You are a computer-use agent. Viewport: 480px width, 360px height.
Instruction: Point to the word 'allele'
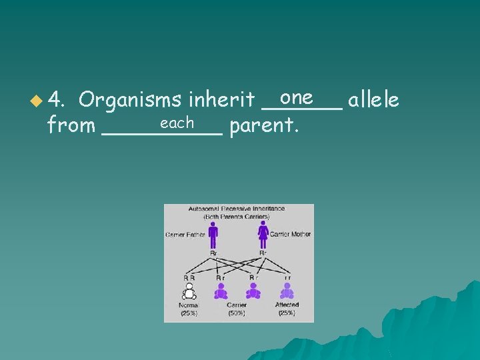(x=373, y=100)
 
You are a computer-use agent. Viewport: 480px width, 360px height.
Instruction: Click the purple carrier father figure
(x=213, y=234)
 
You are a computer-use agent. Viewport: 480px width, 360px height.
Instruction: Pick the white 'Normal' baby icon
(x=189, y=291)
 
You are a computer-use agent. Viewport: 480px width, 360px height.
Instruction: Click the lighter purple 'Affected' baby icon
(x=287, y=291)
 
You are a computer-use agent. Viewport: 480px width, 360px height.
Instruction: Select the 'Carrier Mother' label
(x=290, y=234)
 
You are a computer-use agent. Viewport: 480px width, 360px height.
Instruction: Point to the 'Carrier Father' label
(x=185, y=234)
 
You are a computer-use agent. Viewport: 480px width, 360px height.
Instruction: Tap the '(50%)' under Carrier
(x=237, y=312)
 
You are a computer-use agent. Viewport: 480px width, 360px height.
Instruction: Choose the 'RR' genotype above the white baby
(x=189, y=277)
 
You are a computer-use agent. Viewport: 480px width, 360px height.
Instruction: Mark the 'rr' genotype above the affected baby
(x=287, y=277)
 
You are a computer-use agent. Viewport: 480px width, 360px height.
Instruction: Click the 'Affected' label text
(x=287, y=305)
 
